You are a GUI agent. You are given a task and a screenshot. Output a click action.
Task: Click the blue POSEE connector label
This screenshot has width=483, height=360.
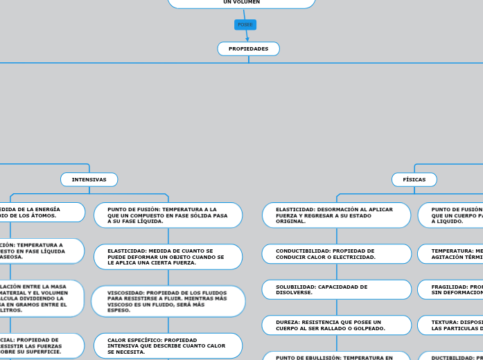point(245,25)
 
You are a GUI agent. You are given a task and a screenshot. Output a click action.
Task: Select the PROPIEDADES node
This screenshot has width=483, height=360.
point(248,49)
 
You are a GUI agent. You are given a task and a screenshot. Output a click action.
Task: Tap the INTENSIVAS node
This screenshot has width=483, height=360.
point(89,180)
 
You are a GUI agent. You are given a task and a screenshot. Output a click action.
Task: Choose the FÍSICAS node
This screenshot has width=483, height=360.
point(414,180)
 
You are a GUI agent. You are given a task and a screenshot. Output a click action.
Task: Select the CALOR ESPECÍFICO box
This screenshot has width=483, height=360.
point(168,346)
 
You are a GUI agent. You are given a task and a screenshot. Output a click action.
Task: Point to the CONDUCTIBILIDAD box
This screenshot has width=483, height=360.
point(336,254)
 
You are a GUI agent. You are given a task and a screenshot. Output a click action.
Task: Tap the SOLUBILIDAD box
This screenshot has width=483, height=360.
point(336,289)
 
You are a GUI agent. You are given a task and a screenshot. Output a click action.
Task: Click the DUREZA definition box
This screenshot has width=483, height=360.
point(336,325)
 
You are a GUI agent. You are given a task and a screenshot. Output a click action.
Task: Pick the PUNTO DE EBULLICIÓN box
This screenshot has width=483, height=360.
point(336,357)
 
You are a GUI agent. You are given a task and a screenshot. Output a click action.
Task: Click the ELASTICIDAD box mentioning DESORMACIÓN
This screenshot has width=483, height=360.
point(336,215)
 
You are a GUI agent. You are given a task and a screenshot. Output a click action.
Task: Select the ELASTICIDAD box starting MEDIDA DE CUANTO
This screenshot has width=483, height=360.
point(168,257)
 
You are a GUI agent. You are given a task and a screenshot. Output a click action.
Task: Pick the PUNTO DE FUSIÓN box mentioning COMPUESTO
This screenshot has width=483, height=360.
point(168,215)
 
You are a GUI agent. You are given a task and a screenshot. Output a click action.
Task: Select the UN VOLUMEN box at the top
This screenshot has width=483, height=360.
point(241,3)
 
